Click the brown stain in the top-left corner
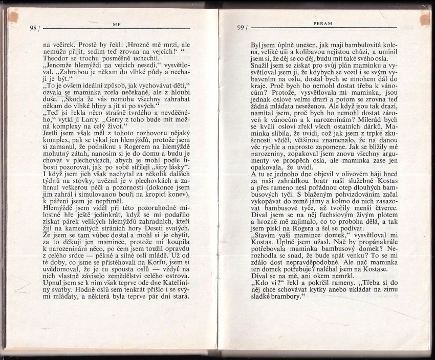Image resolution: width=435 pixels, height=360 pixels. point(12,16)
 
